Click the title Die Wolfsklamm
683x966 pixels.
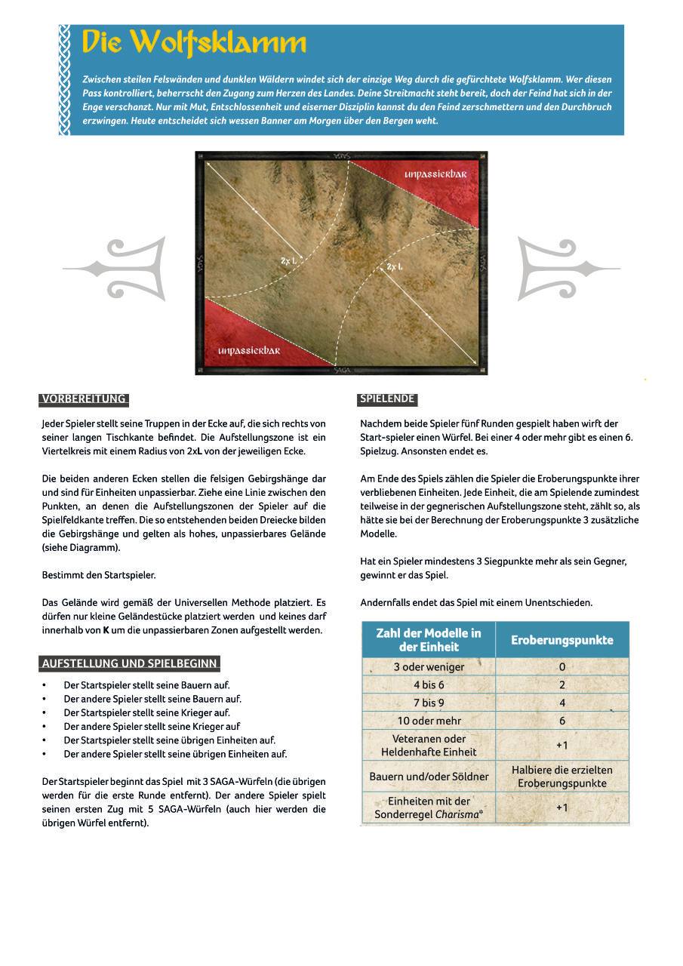194,43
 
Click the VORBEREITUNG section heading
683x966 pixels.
84,399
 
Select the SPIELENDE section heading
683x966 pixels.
386,399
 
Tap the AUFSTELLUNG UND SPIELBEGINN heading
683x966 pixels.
129,663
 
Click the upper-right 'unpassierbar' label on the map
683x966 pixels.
435,174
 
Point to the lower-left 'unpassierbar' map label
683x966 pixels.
249,351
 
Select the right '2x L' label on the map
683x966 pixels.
395,267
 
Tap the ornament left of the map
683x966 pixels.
117,268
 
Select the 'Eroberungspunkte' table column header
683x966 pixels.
561,640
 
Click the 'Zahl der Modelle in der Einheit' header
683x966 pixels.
428,640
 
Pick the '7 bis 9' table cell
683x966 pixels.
429,703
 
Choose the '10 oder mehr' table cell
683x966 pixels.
429,721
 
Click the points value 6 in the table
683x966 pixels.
561,721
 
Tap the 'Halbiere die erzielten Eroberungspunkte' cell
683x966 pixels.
561,777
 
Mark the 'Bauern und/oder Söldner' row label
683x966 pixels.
429,777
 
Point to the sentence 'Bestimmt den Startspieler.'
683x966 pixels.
99,575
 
